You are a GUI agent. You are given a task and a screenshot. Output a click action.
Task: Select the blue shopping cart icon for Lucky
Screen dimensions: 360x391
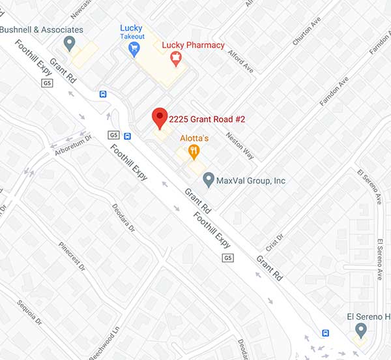135,48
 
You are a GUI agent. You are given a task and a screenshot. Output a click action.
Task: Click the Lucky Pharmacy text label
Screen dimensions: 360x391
193,45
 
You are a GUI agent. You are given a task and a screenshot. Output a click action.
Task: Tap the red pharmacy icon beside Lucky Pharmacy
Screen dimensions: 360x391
175,59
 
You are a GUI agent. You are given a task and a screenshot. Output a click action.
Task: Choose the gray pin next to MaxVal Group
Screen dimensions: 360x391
209,179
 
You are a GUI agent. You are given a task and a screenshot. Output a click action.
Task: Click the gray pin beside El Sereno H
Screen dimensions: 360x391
360,331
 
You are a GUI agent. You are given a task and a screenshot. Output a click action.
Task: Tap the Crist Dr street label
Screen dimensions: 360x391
275,242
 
